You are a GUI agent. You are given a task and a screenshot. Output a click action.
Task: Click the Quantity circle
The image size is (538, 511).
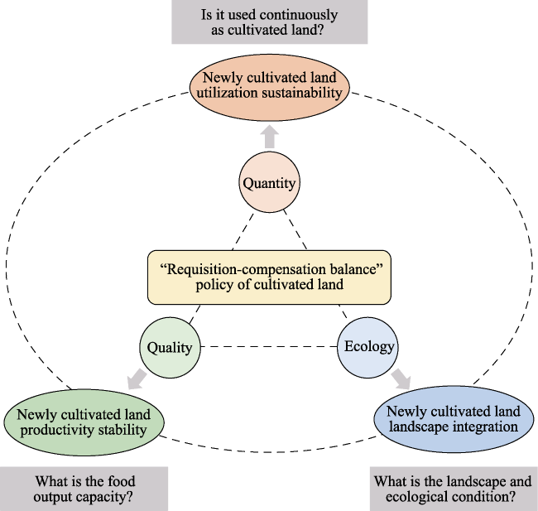[x=269, y=182]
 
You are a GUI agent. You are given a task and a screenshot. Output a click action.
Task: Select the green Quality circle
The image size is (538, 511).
[x=170, y=348]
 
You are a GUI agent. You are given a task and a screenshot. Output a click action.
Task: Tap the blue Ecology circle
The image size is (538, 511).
[x=367, y=348]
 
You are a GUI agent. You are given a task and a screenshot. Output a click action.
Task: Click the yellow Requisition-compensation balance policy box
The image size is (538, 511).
[x=269, y=277]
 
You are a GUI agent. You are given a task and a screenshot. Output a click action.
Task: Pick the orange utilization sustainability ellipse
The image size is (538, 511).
[x=270, y=88]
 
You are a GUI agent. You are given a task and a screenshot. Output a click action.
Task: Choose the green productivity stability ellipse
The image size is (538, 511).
[x=84, y=422]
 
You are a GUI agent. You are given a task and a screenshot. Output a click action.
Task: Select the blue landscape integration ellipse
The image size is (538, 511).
[x=454, y=419]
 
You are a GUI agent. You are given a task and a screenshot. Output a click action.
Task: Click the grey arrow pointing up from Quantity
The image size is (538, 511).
[x=270, y=137]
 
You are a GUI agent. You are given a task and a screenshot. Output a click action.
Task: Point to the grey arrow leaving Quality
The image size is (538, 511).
[x=137, y=378]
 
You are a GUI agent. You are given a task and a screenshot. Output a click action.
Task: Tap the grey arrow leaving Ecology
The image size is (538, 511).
[x=401, y=378]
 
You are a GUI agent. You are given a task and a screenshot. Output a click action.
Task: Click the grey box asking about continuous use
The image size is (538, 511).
[x=270, y=22]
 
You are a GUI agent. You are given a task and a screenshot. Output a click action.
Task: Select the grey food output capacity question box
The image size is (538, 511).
[x=84, y=489]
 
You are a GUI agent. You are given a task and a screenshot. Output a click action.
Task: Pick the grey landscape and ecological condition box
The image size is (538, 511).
[x=454, y=489]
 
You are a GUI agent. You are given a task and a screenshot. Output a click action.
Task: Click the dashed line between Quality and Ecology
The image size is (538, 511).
[x=269, y=347]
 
